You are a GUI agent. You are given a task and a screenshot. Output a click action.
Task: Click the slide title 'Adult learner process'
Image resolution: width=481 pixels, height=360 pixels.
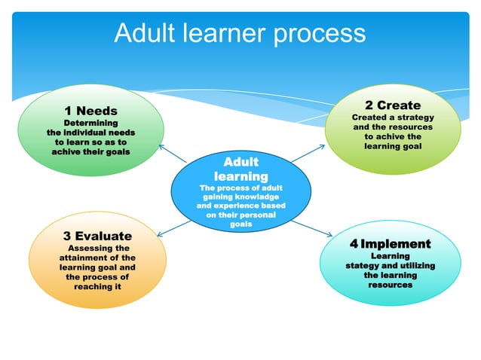(x=240, y=33)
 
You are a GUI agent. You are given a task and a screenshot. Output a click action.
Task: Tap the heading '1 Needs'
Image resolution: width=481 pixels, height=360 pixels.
(x=90, y=111)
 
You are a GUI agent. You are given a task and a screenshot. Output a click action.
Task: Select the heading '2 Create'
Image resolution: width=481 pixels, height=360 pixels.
(x=393, y=105)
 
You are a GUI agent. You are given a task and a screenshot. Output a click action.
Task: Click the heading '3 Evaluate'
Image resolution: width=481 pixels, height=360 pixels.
(x=97, y=236)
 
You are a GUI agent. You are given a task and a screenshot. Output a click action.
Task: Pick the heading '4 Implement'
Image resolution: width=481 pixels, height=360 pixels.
(x=390, y=243)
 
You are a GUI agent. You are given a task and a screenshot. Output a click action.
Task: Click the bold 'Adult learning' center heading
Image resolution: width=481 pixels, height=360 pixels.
(x=240, y=169)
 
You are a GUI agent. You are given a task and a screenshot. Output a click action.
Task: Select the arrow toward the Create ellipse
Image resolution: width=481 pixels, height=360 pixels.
(x=306, y=151)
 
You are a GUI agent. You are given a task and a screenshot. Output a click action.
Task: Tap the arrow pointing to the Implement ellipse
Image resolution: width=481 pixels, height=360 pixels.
(x=307, y=229)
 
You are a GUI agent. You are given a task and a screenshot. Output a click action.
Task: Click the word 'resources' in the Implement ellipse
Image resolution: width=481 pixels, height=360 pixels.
(x=390, y=285)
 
